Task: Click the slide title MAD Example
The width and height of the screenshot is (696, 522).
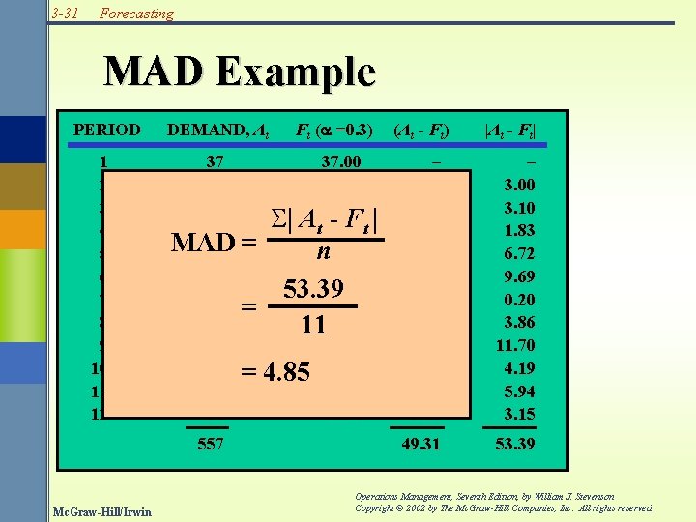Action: point(239,72)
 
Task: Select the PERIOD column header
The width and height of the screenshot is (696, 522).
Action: point(107,130)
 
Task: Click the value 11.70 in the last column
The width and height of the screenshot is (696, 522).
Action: point(515,345)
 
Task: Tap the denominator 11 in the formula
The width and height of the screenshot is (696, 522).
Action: point(312,325)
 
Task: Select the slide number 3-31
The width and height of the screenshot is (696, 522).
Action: point(66,14)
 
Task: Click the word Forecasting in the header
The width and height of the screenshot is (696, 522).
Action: point(137,14)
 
